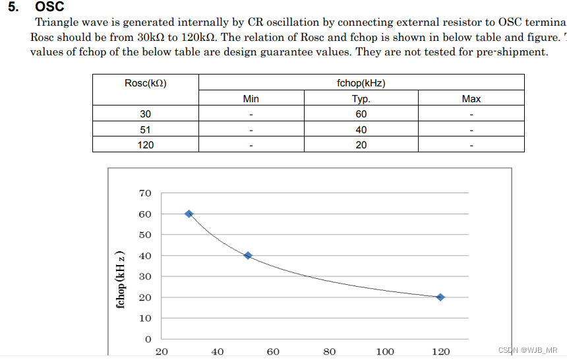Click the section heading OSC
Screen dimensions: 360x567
(x=49, y=7)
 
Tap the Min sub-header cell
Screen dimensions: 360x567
(x=251, y=99)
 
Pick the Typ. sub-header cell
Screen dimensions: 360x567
(x=361, y=99)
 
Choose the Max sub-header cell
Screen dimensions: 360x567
(x=471, y=99)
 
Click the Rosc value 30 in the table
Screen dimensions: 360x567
(x=145, y=114)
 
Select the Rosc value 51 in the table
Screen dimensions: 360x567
(x=145, y=130)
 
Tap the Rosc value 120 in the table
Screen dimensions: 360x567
(x=145, y=145)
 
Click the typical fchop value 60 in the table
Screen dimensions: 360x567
(x=361, y=114)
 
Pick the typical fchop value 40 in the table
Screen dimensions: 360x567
(x=361, y=130)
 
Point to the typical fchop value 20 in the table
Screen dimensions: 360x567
(x=361, y=145)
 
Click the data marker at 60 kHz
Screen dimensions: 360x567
(x=189, y=214)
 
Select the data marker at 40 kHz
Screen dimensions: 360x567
(x=248, y=255)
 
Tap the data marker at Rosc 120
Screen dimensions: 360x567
(x=440, y=297)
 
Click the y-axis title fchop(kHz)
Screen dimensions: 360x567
(x=120, y=280)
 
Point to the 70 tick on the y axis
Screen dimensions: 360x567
(x=145, y=193)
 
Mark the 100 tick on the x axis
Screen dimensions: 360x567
(x=385, y=351)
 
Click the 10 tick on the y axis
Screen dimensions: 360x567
(x=145, y=318)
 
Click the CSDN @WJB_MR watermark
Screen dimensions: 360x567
(x=527, y=350)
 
